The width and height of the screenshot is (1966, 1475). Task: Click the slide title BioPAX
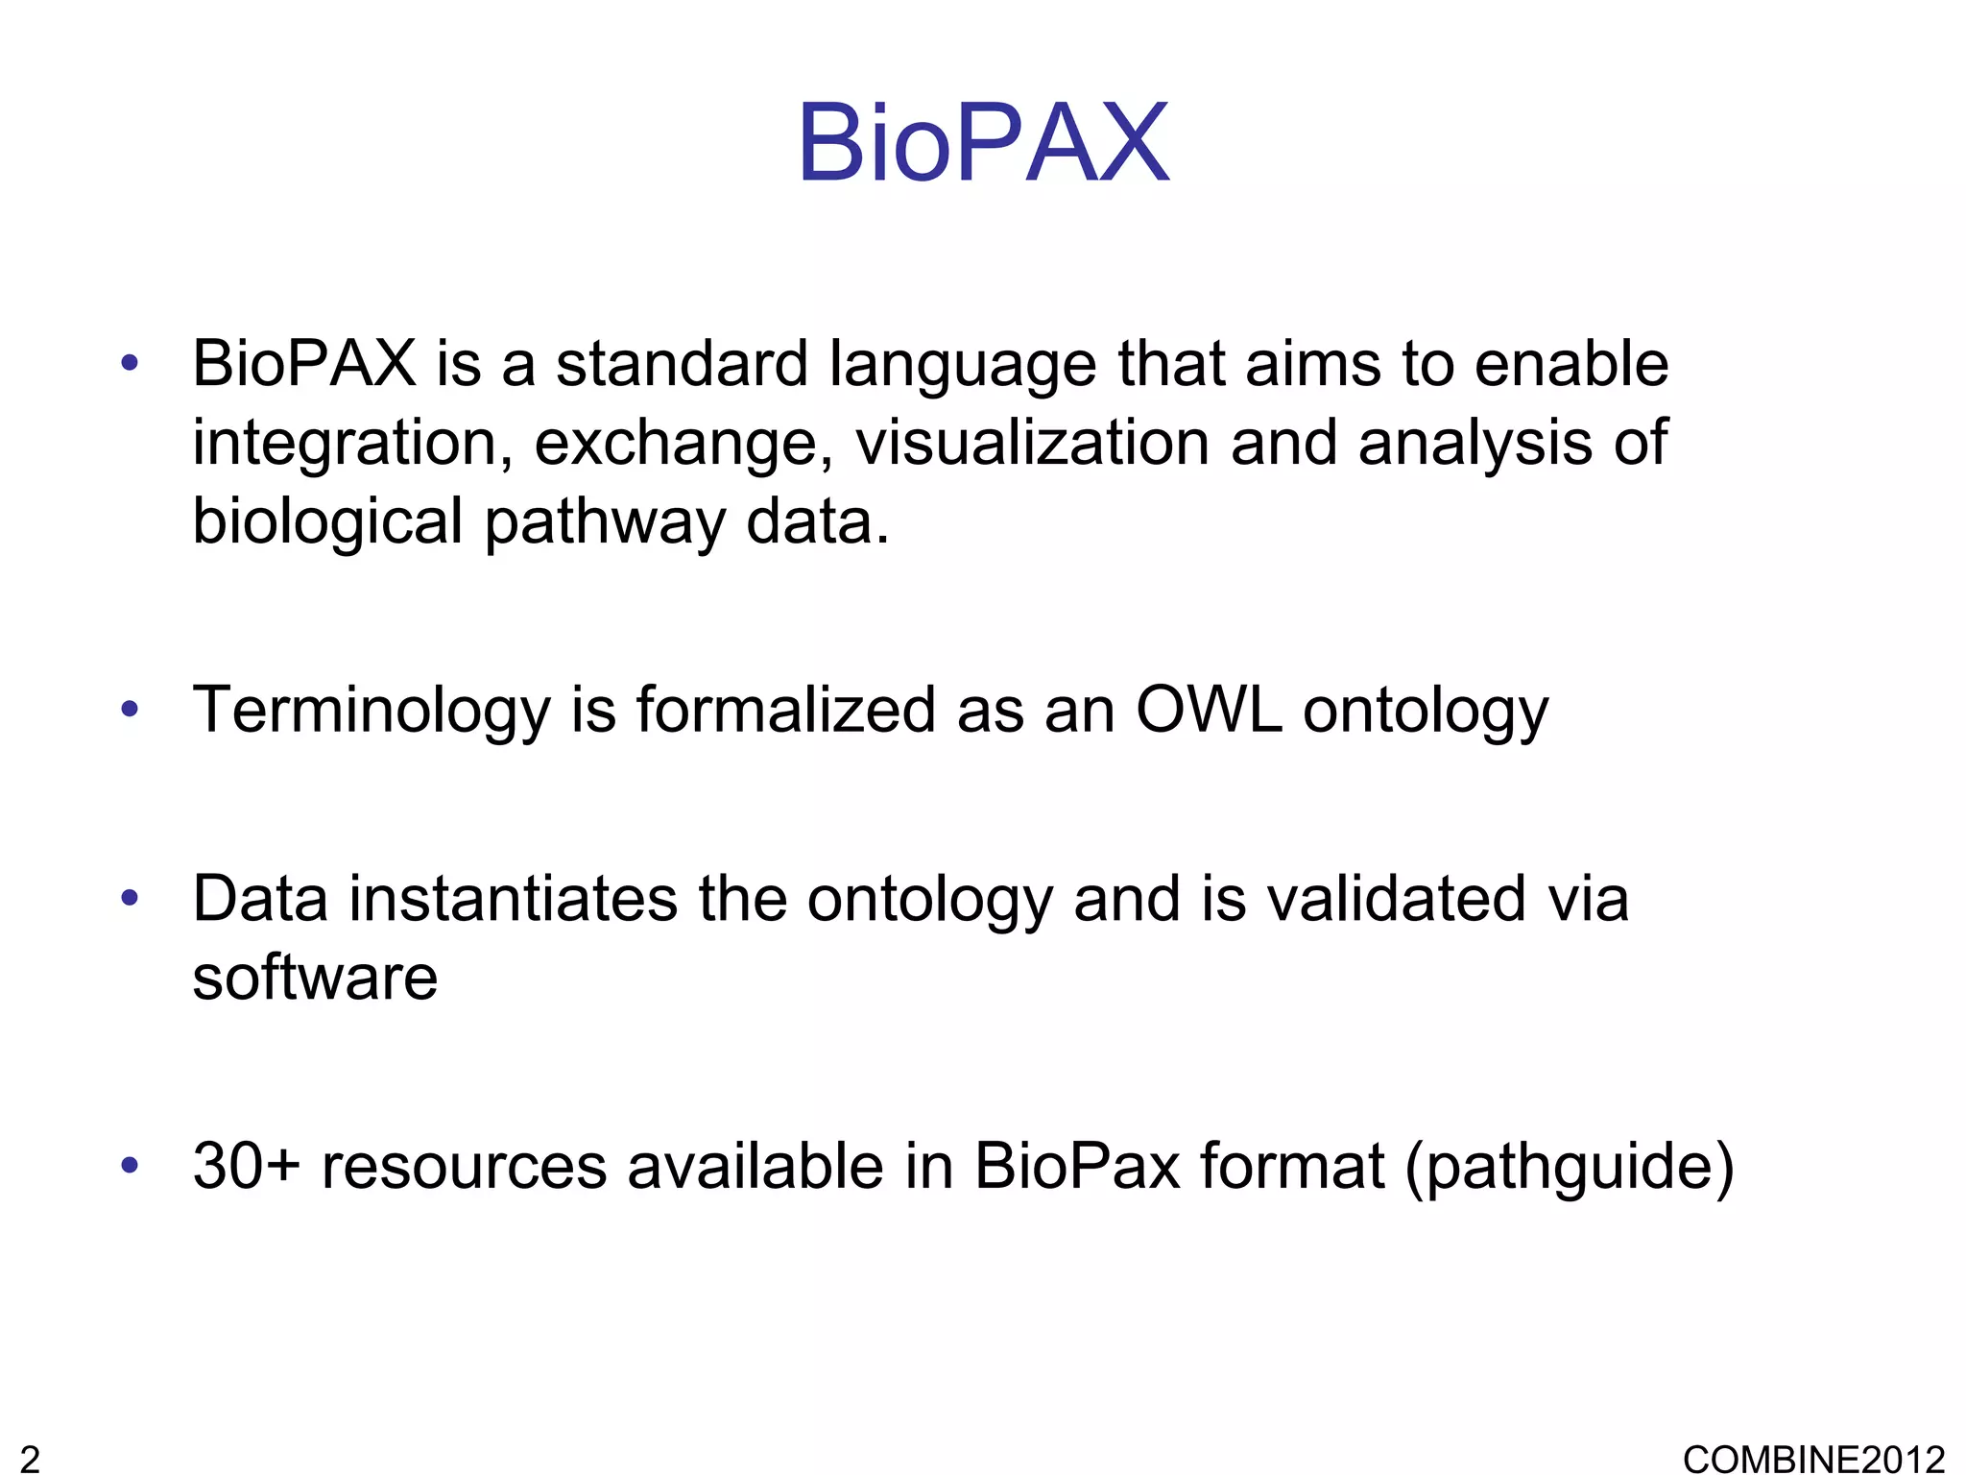point(983,144)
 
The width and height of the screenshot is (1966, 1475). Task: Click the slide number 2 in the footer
point(30,1459)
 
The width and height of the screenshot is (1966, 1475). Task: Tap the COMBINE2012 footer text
point(1813,1459)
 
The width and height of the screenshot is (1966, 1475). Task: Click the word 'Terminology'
point(372,712)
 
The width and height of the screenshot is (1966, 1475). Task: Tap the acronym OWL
point(1209,710)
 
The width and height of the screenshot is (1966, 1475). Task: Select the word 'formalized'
point(785,710)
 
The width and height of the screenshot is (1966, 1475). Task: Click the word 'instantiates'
point(513,899)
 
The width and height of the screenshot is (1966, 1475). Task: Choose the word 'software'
point(315,978)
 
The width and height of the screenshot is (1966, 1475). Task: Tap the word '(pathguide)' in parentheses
point(1570,1168)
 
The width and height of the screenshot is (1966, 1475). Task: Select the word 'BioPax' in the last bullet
point(1076,1166)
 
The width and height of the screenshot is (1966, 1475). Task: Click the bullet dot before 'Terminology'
point(130,711)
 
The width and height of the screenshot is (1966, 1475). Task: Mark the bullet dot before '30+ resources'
point(130,1166)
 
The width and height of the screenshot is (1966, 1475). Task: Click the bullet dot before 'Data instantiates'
point(130,899)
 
